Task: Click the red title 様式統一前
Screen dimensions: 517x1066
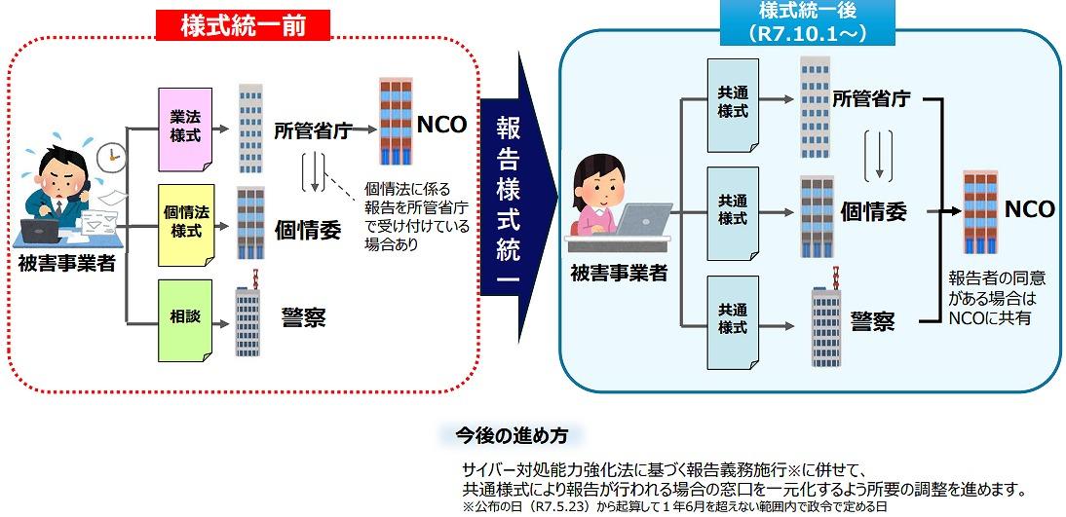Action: tap(244, 25)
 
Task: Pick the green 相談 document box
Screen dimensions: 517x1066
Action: tap(185, 317)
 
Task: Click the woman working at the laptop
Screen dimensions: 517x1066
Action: tap(602, 200)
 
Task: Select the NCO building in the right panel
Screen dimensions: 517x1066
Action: tap(978, 212)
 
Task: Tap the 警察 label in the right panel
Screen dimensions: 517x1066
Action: tap(872, 320)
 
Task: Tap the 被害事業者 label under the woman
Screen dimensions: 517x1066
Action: tap(619, 274)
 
